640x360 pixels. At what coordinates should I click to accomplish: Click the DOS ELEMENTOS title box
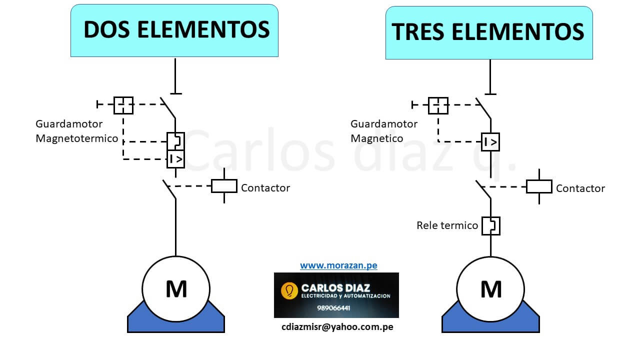coord(174,30)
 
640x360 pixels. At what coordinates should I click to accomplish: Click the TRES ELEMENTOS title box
coord(488,32)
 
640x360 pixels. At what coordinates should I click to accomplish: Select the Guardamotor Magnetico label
coord(383,131)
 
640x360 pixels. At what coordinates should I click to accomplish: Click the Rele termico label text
coord(447,225)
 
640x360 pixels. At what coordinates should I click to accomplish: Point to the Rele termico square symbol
coord(490,225)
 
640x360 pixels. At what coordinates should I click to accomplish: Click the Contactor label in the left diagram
coord(265,188)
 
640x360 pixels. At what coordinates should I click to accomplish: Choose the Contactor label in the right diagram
coord(580,188)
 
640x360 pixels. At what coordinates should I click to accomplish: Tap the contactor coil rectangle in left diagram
coord(224,186)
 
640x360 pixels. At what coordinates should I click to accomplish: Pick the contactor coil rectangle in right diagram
coord(539,186)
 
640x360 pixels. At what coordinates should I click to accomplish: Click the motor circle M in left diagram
coord(176,289)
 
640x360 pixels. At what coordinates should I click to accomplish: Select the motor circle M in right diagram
coord(490,289)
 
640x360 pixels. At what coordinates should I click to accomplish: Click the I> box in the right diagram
coord(490,142)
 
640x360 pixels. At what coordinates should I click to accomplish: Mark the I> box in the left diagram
coord(175,159)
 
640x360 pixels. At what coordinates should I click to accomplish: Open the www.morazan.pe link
coord(338,265)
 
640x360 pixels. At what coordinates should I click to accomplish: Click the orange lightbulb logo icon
coord(289,290)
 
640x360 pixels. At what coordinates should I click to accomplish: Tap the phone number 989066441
coord(333,308)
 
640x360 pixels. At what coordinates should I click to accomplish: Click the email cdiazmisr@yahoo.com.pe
coord(337,327)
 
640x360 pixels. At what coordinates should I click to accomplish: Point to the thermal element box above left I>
coord(175,141)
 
